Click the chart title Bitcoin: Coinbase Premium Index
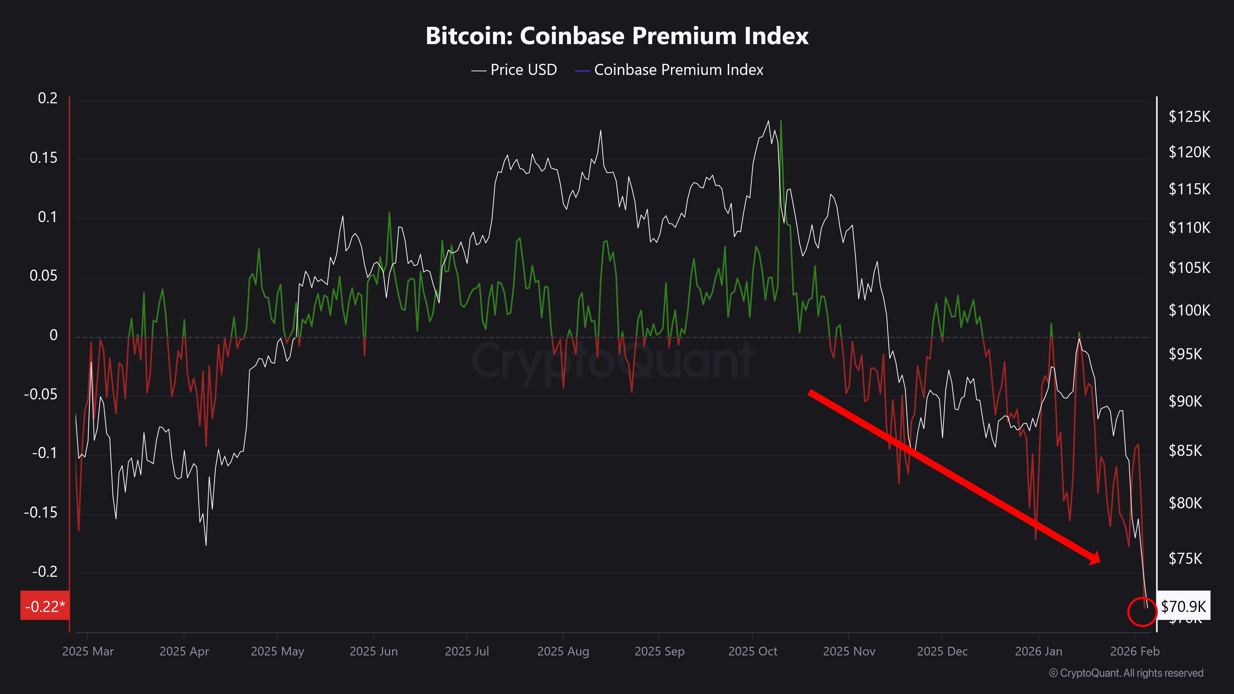(x=617, y=36)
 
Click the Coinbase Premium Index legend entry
(x=670, y=70)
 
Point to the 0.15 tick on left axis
(x=43, y=158)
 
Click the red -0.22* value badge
(x=44, y=606)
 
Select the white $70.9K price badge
(x=1183, y=606)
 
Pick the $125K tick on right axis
(x=1189, y=116)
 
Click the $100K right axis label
(x=1189, y=310)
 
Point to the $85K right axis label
(x=1185, y=451)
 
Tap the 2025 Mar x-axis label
(x=88, y=651)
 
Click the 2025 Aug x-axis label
(x=563, y=651)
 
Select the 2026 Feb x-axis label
(x=1135, y=651)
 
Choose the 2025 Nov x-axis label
(x=849, y=651)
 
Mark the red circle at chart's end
(x=1142, y=612)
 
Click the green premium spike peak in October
(x=781, y=121)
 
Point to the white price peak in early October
(x=768, y=121)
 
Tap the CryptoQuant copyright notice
(x=1126, y=673)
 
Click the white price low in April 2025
(x=206, y=545)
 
